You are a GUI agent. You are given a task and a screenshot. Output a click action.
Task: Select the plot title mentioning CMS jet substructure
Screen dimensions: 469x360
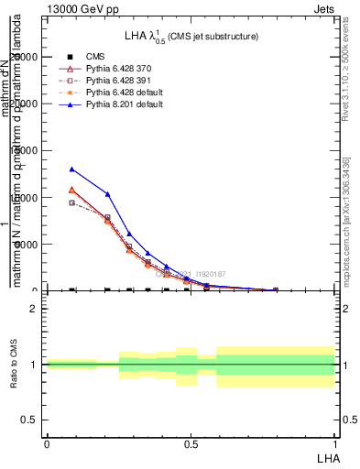(x=191, y=36)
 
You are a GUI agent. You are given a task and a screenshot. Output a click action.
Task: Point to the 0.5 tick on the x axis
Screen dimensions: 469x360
(x=190, y=442)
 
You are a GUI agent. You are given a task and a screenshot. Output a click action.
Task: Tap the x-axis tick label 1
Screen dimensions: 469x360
(x=334, y=442)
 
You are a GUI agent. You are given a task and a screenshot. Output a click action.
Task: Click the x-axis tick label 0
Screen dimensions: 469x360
(x=46, y=442)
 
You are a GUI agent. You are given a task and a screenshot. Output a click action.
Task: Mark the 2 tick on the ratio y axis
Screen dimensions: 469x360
(x=34, y=309)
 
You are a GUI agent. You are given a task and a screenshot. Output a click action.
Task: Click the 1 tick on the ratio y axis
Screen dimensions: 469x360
(x=34, y=365)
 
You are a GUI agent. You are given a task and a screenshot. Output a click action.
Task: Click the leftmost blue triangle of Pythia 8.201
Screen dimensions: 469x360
(x=71, y=169)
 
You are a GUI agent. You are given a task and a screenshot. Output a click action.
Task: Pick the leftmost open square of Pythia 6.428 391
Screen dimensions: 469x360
(x=71, y=202)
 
